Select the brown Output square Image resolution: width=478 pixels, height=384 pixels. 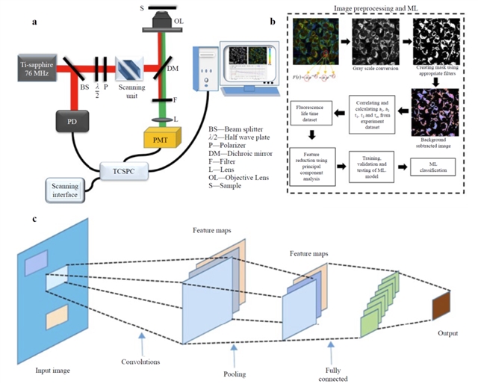[441, 308]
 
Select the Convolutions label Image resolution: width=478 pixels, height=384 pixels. [142, 365]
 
